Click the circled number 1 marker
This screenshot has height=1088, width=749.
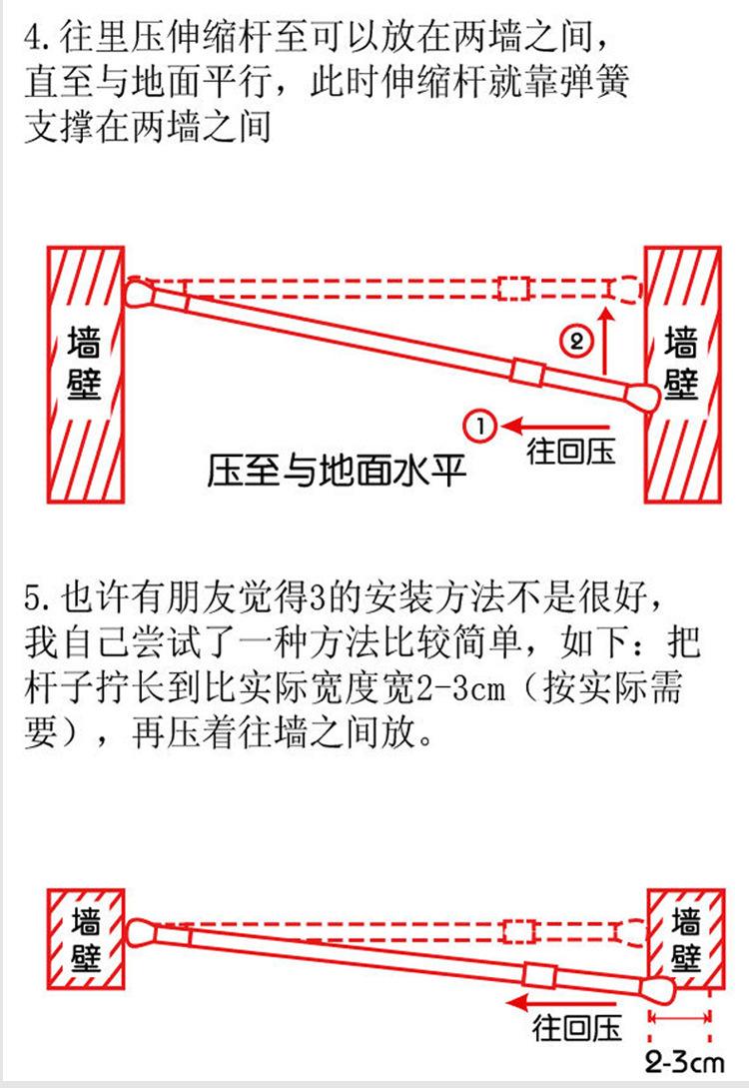(477, 425)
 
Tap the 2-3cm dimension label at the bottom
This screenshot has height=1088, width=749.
(684, 1059)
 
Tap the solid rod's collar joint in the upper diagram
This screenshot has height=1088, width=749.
(526, 371)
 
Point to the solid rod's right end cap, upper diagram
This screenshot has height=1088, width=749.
(643, 397)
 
